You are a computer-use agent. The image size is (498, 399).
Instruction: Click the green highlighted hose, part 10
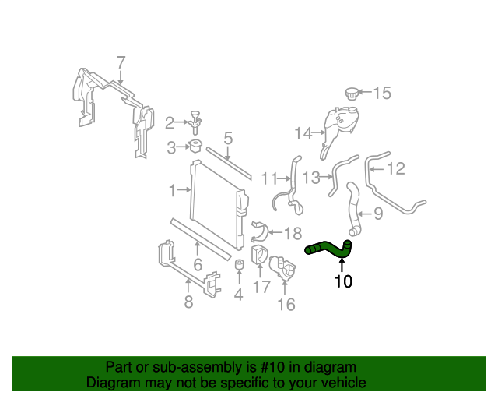point(330,249)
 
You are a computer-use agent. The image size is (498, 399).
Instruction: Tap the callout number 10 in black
point(343,281)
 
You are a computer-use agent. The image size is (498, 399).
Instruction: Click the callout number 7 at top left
point(121,62)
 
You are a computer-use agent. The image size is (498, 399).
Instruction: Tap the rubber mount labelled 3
point(195,147)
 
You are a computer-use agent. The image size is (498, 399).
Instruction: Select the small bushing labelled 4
point(240,269)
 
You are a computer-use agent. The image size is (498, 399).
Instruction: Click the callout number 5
point(228,139)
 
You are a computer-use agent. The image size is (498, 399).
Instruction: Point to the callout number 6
point(198,265)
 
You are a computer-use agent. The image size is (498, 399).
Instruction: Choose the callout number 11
point(269,178)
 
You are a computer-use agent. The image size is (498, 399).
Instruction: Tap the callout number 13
point(311,178)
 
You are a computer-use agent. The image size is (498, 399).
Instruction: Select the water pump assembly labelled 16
point(285,273)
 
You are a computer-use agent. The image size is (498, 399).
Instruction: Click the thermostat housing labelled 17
point(259,256)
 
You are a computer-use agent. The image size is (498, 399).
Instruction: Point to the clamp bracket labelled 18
point(260,231)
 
